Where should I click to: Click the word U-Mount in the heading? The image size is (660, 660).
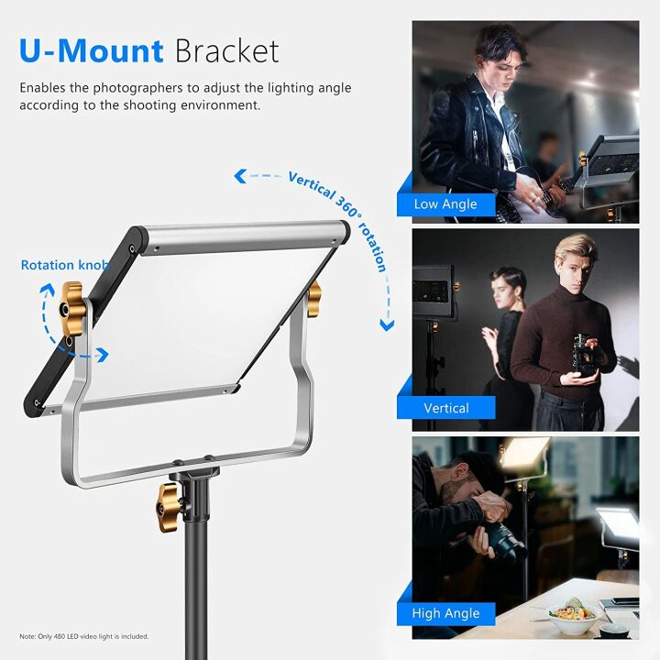click(91, 50)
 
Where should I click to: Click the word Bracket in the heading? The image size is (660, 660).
click(226, 50)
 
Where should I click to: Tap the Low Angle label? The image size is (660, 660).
click(445, 203)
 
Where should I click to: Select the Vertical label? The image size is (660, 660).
click(445, 408)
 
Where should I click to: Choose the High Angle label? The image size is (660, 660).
click(445, 613)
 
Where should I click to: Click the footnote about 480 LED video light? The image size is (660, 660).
click(84, 636)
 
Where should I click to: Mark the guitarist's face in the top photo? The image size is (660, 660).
click(496, 55)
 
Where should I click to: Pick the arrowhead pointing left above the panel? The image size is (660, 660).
click(240, 173)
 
